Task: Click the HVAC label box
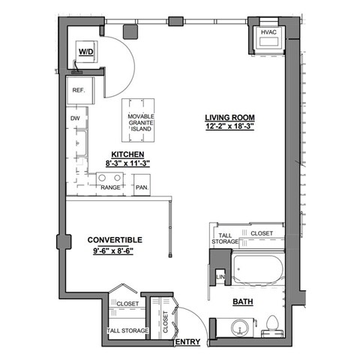[268, 34]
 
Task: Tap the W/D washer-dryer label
[85, 52]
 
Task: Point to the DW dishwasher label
[75, 118]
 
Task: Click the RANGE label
[111, 188]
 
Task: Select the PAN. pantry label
[141, 188]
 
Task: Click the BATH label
[241, 303]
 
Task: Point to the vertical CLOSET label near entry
[166, 321]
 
